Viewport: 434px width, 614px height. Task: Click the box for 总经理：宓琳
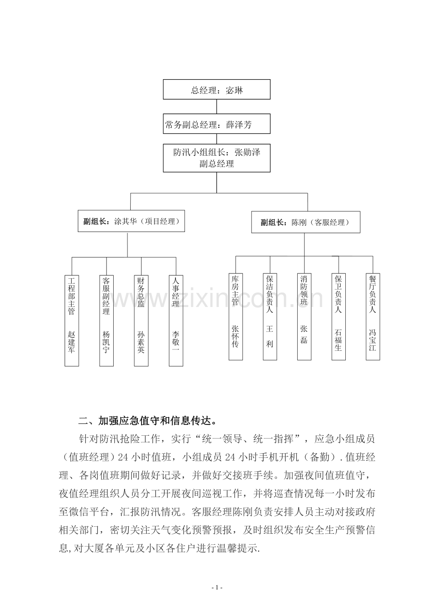tap(217, 89)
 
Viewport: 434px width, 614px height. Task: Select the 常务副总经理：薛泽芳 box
tap(217, 124)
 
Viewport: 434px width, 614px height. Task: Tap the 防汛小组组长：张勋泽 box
tap(217, 158)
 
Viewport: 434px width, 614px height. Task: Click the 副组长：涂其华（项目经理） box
tap(131, 221)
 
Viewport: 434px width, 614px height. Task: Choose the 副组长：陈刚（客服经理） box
tap(306, 222)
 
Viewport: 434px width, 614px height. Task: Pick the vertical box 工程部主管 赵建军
tap(72, 321)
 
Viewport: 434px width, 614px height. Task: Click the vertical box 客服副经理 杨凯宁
tap(106, 321)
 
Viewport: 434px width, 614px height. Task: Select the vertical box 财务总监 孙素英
tap(141, 321)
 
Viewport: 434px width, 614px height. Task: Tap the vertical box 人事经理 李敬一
tap(176, 321)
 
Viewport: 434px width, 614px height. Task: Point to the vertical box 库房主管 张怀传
tap(236, 316)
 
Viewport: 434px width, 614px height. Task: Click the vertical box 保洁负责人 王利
tap(270, 316)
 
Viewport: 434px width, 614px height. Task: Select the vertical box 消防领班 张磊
tap(304, 316)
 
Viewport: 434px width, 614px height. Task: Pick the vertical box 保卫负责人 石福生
tap(339, 316)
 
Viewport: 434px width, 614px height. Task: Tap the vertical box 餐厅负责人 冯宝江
tap(373, 316)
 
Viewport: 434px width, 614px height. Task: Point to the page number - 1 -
tap(217, 588)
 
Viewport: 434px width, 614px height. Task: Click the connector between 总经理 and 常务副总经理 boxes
tap(217, 107)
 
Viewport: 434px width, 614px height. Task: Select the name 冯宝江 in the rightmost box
tap(373, 340)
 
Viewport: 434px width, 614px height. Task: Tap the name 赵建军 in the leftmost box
tap(72, 342)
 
